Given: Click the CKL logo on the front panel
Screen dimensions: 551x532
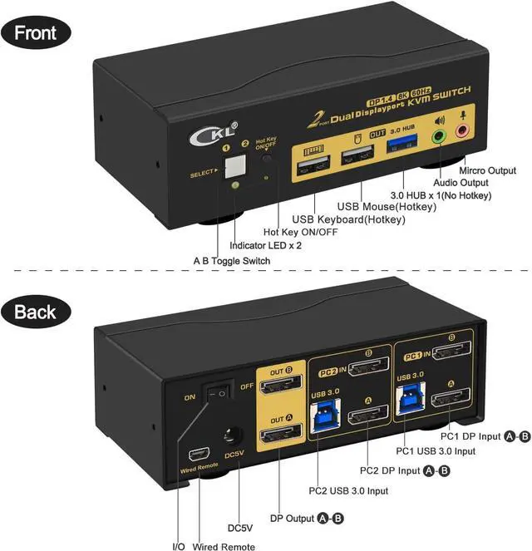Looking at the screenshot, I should pos(200,131).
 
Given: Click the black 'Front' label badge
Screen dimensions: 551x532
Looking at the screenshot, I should pos(36,34).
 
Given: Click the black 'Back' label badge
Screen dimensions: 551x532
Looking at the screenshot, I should pos(36,312).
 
